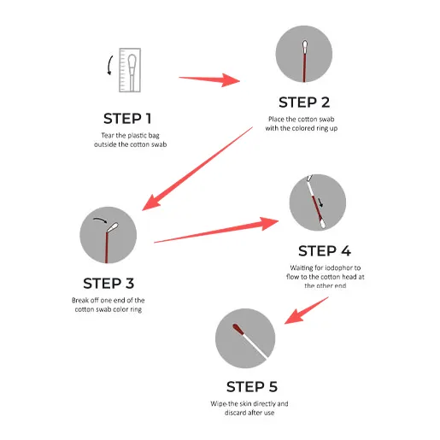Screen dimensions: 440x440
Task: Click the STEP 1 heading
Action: [127, 119]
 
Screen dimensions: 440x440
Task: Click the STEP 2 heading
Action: [304, 103]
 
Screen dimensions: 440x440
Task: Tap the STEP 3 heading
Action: [109, 283]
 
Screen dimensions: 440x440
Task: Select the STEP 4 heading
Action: [325, 250]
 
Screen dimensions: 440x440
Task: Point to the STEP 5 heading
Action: [252, 386]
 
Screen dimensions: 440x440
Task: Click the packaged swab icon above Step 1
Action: [130, 70]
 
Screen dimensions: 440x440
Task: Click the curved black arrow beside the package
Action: [109, 66]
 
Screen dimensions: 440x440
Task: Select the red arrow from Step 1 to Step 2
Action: [209, 79]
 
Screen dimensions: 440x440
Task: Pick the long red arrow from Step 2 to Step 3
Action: [197, 169]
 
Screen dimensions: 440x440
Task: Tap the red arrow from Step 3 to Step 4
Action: [216, 230]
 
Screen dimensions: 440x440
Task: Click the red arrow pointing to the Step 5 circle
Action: [307, 310]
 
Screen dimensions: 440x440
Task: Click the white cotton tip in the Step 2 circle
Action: [304, 46]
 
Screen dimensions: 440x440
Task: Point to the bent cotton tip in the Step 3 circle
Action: [112, 227]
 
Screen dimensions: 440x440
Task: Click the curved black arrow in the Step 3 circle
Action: [100, 220]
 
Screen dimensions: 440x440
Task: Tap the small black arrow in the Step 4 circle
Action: [320, 202]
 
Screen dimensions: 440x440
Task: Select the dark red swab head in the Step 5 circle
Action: [238, 329]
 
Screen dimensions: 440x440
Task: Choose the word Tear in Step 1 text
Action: [108, 135]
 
